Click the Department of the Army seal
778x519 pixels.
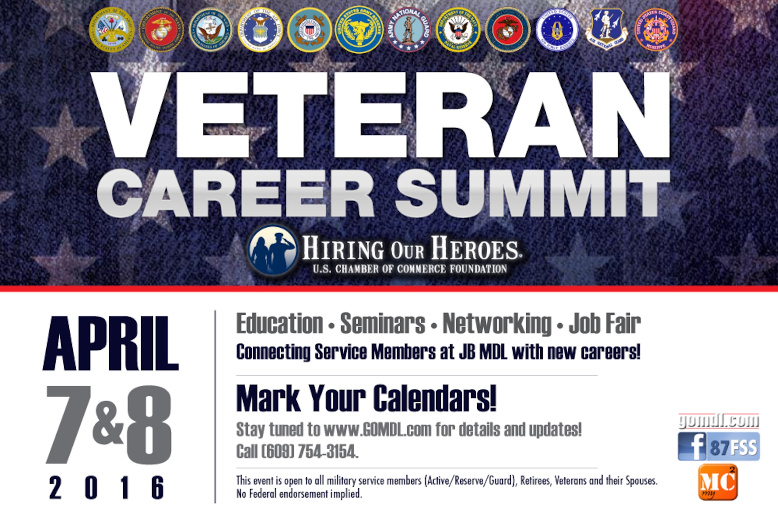click(x=112, y=30)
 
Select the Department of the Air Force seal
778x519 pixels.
click(x=260, y=30)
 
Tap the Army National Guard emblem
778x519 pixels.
click(x=408, y=30)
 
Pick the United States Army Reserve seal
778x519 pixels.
click(x=359, y=30)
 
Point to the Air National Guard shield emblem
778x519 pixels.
click(x=606, y=30)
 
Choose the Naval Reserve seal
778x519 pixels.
click(x=458, y=30)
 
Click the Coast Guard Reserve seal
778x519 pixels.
click(x=656, y=30)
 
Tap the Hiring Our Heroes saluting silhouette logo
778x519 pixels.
click(x=272, y=251)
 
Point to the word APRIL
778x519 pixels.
click(x=110, y=344)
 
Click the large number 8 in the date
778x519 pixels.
click(x=149, y=425)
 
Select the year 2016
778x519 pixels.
click(x=107, y=487)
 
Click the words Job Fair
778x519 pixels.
click(x=605, y=324)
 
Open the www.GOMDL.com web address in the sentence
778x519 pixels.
click(x=377, y=430)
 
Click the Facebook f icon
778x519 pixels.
click(x=692, y=447)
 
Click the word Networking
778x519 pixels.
click(x=497, y=324)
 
